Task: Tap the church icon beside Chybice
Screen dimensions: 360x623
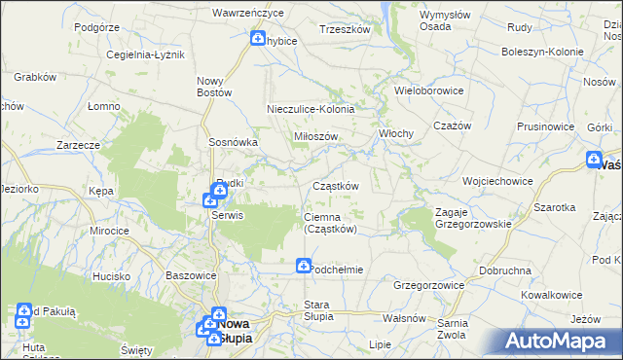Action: pyautogui.click(x=258, y=39)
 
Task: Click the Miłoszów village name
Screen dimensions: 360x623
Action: pyautogui.click(x=315, y=136)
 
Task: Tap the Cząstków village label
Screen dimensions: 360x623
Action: pyautogui.click(x=336, y=186)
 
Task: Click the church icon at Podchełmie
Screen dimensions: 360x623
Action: pyautogui.click(x=304, y=265)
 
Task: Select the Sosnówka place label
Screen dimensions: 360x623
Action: pyautogui.click(x=233, y=141)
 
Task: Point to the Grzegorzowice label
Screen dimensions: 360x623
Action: pyautogui.click(x=428, y=285)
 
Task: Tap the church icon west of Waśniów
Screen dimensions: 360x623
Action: pyautogui.click(x=595, y=160)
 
